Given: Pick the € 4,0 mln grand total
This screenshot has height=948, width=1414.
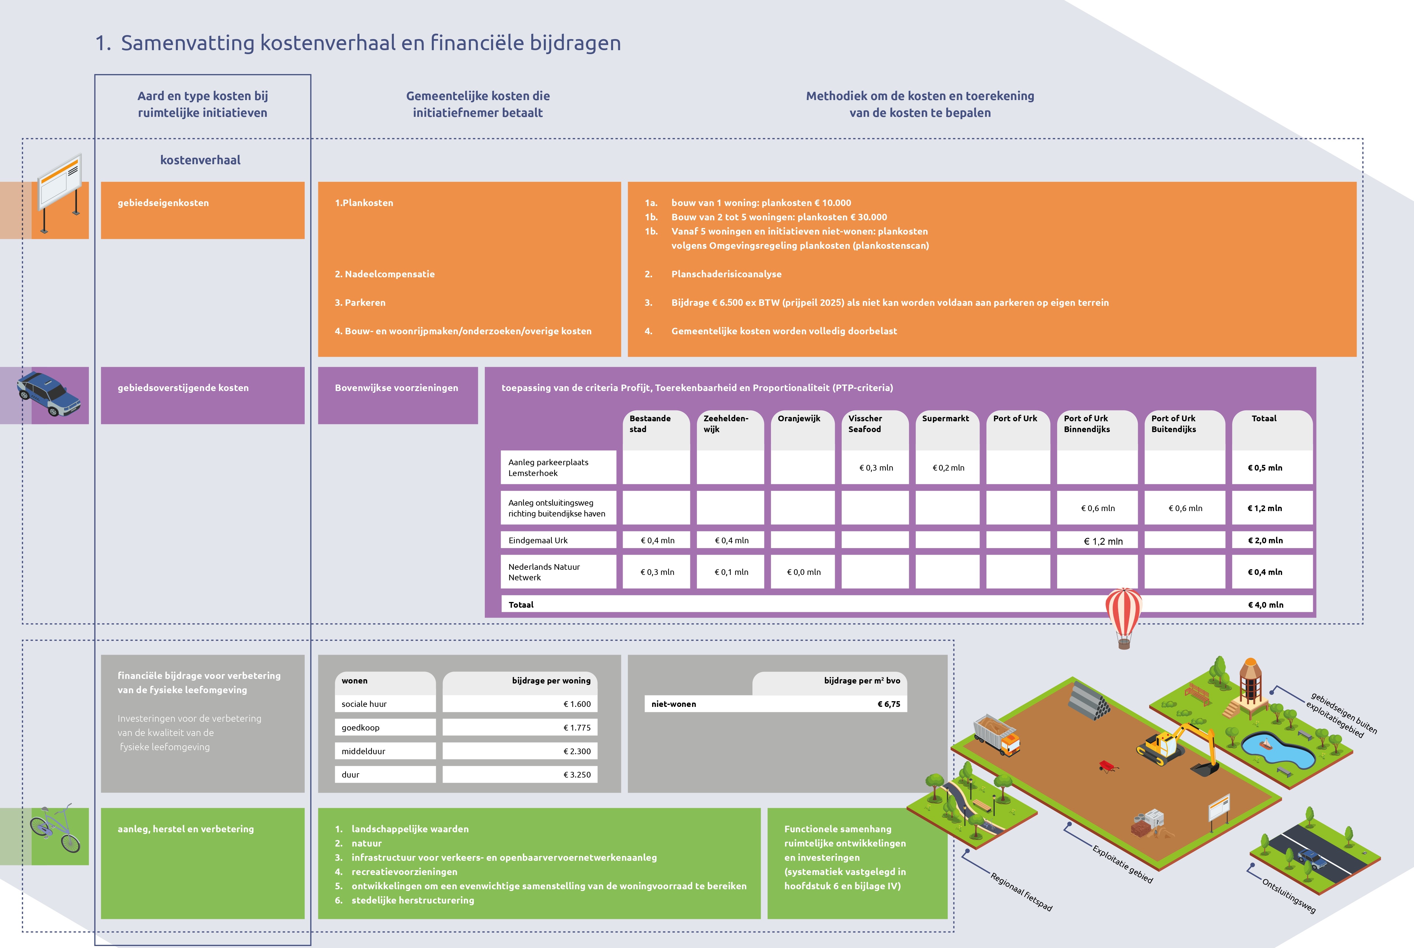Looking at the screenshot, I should coord(1265,605).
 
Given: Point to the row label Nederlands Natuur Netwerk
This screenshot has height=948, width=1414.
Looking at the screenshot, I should coord(544,572).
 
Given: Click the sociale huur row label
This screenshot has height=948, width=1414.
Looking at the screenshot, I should coord(364,704).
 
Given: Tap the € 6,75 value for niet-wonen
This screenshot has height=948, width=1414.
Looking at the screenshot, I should coord(889,704).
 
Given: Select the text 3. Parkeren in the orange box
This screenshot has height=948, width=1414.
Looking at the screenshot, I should coord(360,302).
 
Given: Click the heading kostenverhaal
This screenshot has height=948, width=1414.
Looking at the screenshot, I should coord(200,160).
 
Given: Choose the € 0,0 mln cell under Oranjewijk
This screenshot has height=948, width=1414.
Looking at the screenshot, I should coord(803,572).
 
